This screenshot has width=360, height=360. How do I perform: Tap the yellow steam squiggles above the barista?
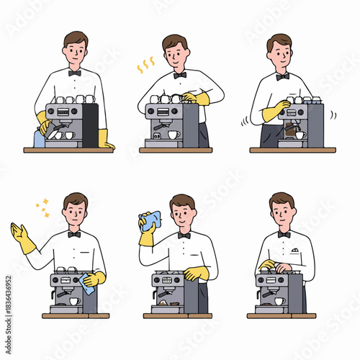coord(146,66)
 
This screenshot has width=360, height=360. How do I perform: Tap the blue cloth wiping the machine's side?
coord(88,285)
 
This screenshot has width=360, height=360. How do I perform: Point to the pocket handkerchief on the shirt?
coord(295,251)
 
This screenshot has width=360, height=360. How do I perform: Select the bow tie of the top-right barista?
coord(282,76)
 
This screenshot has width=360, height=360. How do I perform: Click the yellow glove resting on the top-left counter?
coord(105,140)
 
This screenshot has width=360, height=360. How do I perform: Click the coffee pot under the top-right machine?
coord(292,132)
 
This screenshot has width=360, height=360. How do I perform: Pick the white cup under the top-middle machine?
coord(174,135)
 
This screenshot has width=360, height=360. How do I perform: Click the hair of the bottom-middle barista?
coord(182,201)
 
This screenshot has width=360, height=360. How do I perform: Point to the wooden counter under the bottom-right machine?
coord(281,315)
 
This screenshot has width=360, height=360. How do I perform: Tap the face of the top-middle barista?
coord(175,54)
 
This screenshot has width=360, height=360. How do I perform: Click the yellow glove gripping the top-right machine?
coord(274,111)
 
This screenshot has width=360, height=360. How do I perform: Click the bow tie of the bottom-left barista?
coord(73,234)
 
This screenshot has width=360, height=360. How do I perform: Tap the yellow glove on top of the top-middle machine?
coord(196,99)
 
